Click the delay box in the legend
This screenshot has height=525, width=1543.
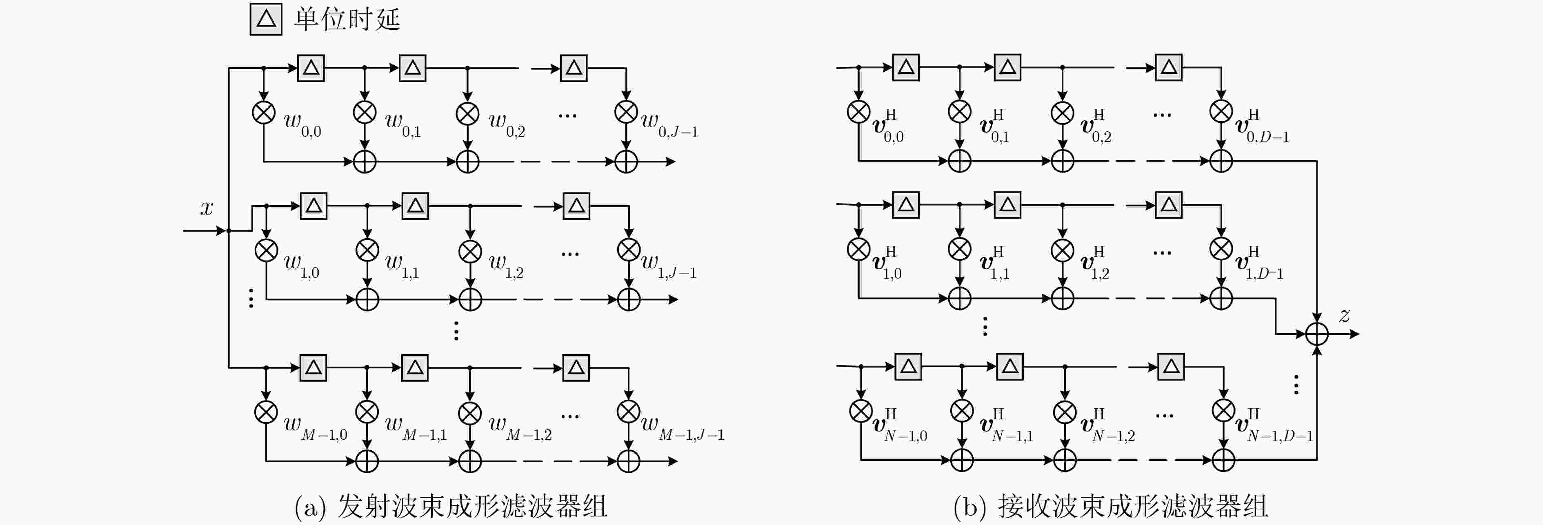pyautogui.click(x=266, y=20)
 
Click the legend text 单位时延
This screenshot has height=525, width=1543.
pyautogui.click(x=347, y=19)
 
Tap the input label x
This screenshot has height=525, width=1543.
pyautogui.click(x=207, y=208)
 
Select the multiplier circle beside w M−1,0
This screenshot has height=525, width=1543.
pyautogui.click(x=266, y=412)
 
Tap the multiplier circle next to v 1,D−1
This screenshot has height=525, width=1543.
pyautogui.click(x=1221, y=248)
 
